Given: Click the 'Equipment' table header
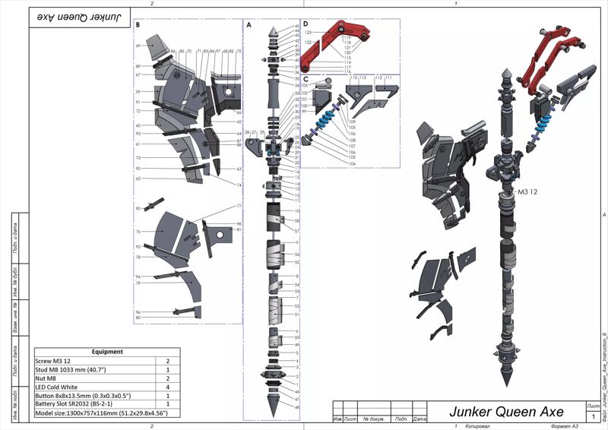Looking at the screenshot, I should coord(106,352).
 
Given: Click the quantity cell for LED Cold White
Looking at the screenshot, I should coord(167,387).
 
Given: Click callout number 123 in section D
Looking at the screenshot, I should coord(309,33).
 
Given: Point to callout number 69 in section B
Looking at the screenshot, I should coord(138,46).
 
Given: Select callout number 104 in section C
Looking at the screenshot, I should coord(352,163).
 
